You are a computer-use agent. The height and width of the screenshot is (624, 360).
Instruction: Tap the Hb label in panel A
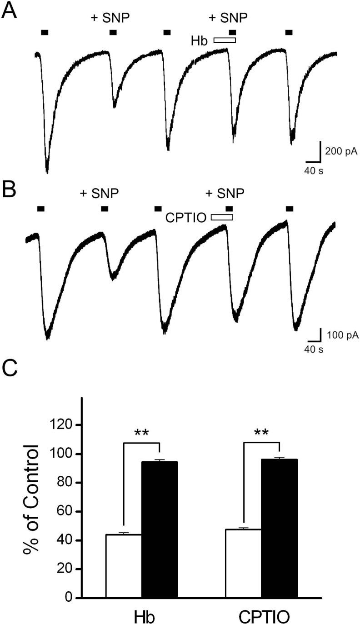click(x=199, y=41)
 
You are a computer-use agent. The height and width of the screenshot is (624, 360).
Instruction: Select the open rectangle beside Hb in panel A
click(x=225, y=40)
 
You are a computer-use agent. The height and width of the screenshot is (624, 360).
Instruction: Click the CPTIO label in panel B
click(x=186, y=218)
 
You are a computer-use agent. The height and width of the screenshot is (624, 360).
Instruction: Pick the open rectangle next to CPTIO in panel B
click(x=222, y=217)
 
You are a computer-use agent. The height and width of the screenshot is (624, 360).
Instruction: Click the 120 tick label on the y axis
click(x=62, y=425)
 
